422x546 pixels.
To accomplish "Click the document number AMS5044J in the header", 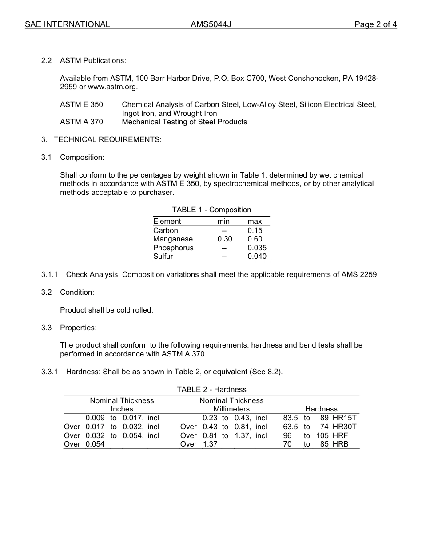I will tap(211, 24).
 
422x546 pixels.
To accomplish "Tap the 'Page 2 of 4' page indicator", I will tap(375, 24).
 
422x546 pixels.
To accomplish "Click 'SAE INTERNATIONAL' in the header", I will tap(68, 24).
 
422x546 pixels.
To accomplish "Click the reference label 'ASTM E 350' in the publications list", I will tap(81, 105).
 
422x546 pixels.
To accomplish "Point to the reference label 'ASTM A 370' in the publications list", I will tap(81, 122).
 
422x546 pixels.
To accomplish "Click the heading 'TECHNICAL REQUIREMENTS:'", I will tap(107, 140).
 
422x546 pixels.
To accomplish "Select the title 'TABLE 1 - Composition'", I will tap(211, 210).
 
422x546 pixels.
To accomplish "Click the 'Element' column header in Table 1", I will tap(167, 221).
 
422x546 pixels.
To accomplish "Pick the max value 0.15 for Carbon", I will tap(255, 230).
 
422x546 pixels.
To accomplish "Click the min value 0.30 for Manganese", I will tap(225, 239).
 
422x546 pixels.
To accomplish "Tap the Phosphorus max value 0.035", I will tap(257, 248).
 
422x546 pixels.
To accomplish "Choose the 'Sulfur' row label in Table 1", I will tap(163, 257).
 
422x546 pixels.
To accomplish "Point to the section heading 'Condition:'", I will tap(77, 292).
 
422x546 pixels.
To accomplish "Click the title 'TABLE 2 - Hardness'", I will tap(211, 389).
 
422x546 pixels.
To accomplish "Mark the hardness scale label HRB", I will tap(340, 444).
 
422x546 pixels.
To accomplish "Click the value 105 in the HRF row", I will tap(322, 435).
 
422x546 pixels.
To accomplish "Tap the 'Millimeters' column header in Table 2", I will tap(231, 409).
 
